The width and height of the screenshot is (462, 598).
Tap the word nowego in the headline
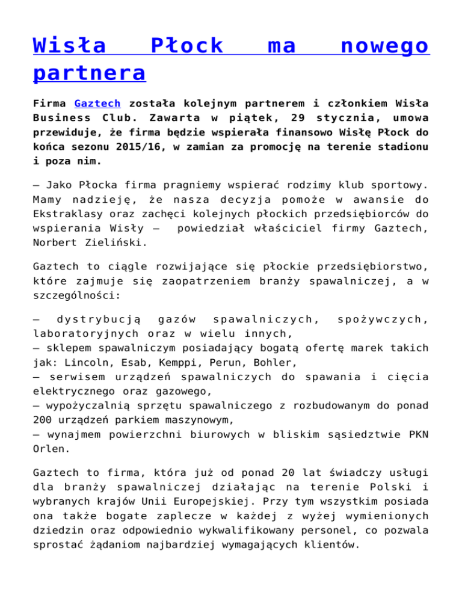383,46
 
